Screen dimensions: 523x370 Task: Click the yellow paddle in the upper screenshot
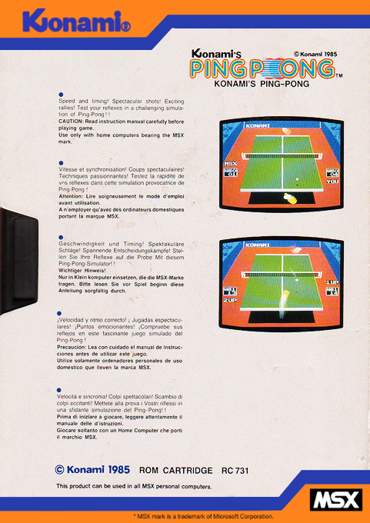click(292, 198)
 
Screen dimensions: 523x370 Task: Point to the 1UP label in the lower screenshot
click(332, 283)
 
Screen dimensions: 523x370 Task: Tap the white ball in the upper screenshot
click(298, 183)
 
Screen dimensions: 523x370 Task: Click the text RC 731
click(237, 469)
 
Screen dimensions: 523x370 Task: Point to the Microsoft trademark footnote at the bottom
click(204, 517)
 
